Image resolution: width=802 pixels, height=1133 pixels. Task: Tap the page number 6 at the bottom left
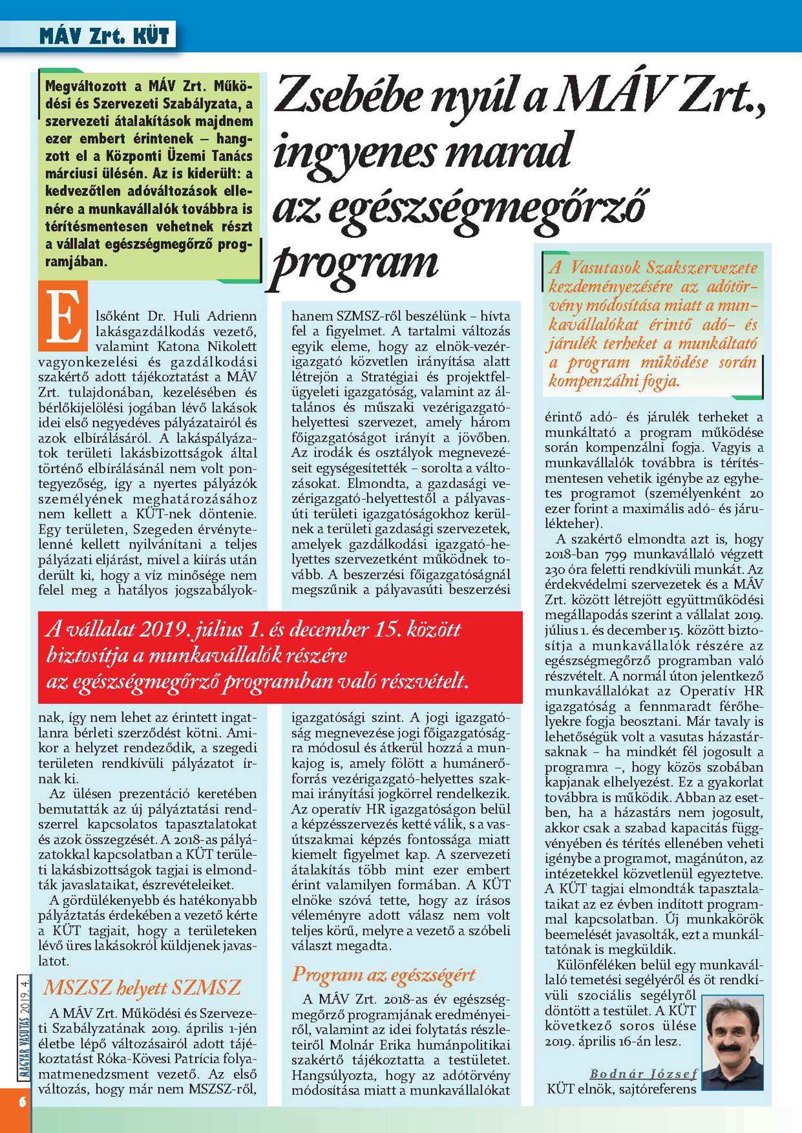click(22, 1102)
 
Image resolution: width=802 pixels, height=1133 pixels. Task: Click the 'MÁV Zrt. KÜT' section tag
click(104, 36)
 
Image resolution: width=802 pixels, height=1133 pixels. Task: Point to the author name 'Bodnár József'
click(643, 1073)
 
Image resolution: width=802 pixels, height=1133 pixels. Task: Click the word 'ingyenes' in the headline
click(353, 152)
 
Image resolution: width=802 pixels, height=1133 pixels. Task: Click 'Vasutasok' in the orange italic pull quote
click(604, 267)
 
